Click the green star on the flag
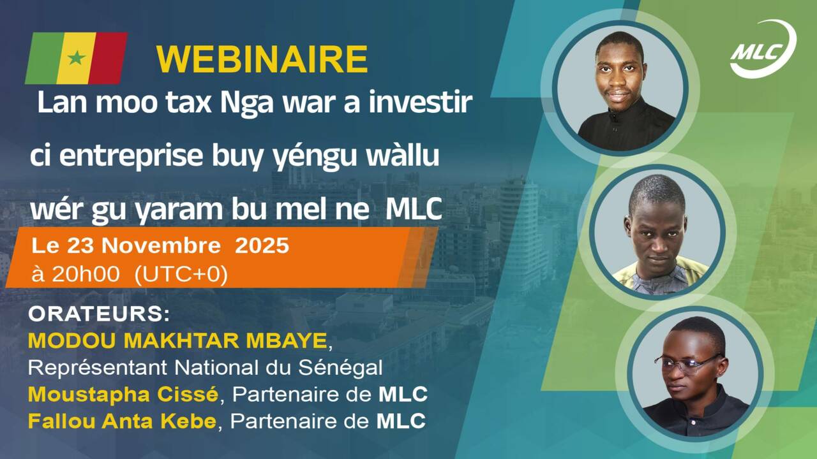click(x=77, y=58)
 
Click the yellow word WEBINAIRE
click(x=262, y=60)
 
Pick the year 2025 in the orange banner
click(x=262, y=246)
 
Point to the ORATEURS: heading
click(x=99, y=315)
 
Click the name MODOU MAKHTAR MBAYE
click(x=177, y=341)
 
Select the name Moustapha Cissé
click(x=123, y=395)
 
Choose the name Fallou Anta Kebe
click(x=122, y=421)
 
